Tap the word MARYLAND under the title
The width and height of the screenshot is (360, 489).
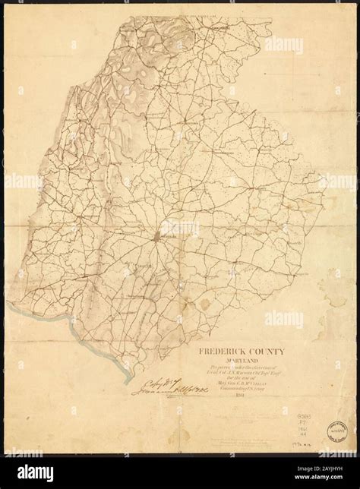tap(238, 361)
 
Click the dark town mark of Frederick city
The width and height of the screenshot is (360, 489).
tap(158, 237)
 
